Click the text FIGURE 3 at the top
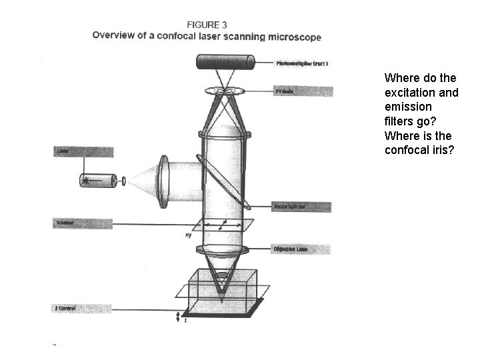tap(206, 25)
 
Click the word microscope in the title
tap(292, 37)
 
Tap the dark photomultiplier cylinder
tap(226, 63)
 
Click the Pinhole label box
tap(303, 91)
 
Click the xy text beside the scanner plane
tap(188, 235)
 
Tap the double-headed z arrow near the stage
tap(177, 316)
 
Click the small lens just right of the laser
tap(123, 180)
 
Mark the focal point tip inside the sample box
tap(223, 290)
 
